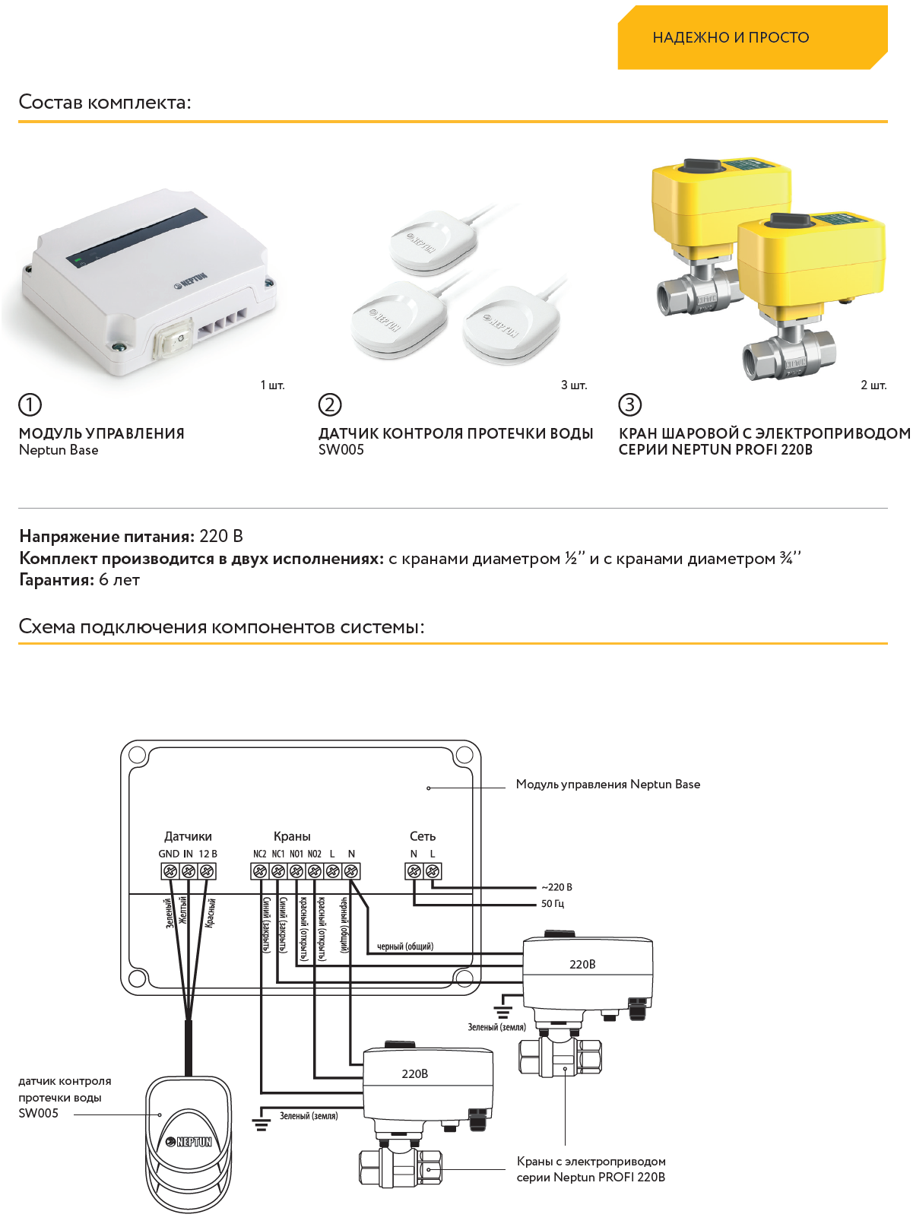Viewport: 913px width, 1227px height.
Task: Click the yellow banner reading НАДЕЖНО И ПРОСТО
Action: click(731, 37)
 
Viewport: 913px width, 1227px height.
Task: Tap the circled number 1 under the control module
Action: click(30, 404)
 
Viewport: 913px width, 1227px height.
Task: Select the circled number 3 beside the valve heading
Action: click(629, 404)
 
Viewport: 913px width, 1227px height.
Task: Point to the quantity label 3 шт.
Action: click(574, 385)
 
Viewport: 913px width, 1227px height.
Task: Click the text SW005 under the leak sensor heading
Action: click(341, 450)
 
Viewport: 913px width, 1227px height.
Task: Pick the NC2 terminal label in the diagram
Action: click(259, 854)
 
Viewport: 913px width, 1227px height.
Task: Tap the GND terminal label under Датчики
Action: click(168, 854)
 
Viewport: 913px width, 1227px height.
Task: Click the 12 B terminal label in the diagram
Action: click(208, 854)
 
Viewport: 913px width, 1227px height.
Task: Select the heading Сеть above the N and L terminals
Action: click(423, 836)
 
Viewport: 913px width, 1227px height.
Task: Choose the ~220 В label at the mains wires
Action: click(556, 887)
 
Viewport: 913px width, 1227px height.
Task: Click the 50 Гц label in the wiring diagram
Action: click(553, 904)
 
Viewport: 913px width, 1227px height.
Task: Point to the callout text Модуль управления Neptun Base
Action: click(607, 785)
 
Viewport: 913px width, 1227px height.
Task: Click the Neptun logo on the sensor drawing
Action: click(189, 1142)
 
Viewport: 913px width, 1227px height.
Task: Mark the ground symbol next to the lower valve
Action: click(261, 1124)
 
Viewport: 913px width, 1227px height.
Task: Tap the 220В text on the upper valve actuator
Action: click(582, 965)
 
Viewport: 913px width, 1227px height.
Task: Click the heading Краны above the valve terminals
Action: click(292, 836)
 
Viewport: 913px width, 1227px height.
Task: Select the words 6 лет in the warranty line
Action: click(119, 580)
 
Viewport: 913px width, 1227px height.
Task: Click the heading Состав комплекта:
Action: click(105, 102)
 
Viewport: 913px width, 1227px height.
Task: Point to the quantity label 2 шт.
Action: click(873, 385)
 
